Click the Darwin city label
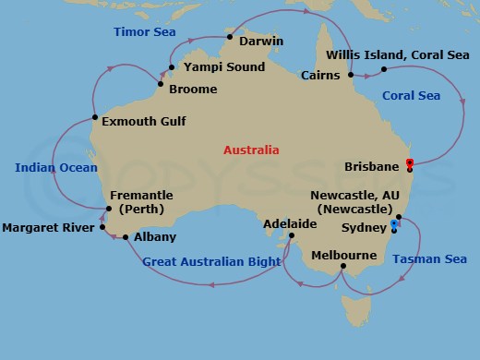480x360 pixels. pos(260,42)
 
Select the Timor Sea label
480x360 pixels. pos(143,31)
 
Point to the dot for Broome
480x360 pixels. pos(161,86)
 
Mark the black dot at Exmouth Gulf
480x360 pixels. pos(95,117)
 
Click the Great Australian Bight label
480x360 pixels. pos(211,262)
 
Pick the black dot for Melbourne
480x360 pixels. pos(342,268)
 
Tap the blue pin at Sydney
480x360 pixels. pos(394,223)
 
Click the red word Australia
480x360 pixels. pos(251,150)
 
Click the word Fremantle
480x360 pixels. pos(140,195)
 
